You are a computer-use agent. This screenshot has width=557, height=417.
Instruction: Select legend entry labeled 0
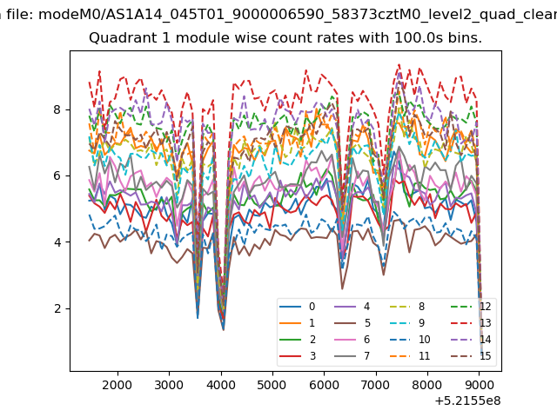tap(298, 307)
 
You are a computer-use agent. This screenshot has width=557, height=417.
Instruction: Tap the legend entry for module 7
tap(352, 355)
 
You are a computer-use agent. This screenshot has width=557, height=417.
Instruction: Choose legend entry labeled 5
tap(352, 323)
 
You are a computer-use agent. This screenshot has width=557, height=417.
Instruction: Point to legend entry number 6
tap(352, 340)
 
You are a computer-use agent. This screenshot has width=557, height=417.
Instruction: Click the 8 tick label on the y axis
tap(57, 109)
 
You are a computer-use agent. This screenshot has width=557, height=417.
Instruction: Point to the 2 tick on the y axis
tap(57, 308)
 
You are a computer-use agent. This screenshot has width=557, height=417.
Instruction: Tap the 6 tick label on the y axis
tap(57, 175)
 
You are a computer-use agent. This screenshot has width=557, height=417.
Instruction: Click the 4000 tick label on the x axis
tap(220, 385)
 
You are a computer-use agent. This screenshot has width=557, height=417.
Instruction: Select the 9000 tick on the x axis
tap(479, 385)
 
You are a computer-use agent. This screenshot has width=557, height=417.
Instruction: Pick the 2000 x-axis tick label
tap(117, 385)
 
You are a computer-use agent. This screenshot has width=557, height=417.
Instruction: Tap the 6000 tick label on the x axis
tap(324, 385)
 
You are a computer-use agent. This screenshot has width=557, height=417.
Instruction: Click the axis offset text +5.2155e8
tap(467, 401)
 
